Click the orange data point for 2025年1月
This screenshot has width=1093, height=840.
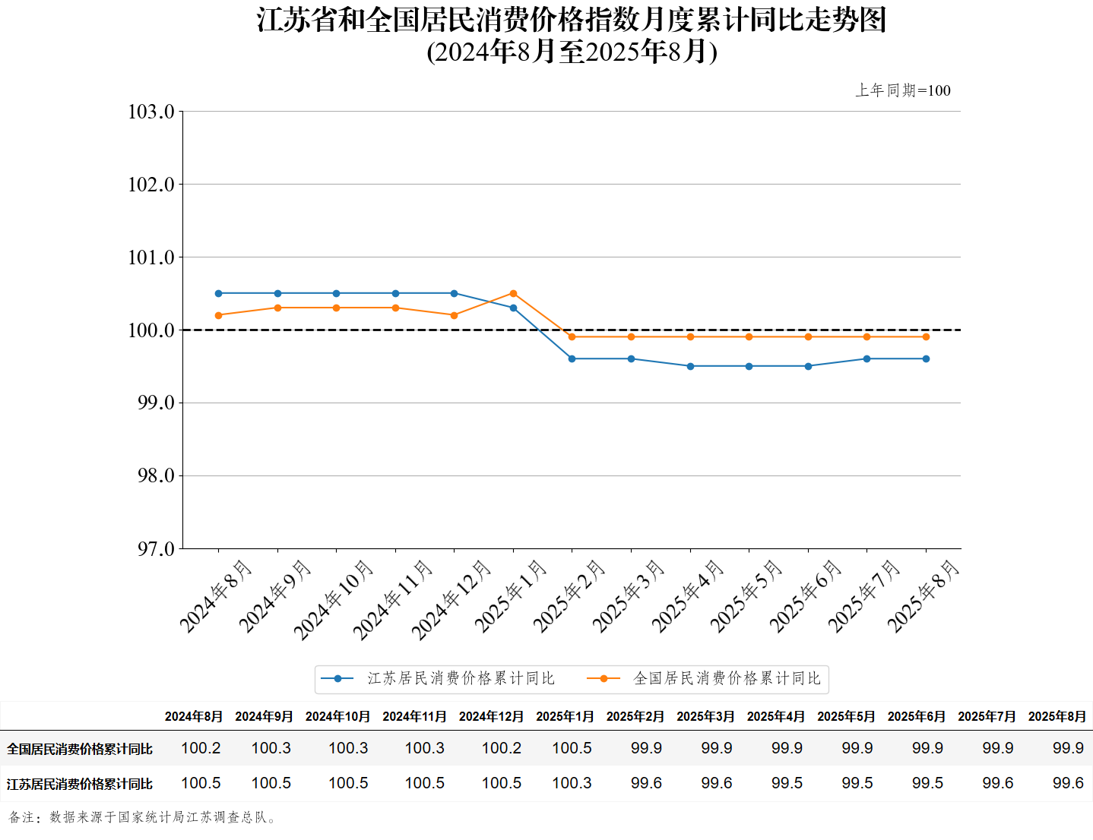(x=513, y=293)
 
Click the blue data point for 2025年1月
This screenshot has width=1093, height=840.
(x=513, y=308)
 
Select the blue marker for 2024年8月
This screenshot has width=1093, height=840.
(x=219, y=293)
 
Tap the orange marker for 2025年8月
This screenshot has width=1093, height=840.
(x=926, y=336)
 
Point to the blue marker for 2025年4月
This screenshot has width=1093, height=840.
(x=690, y=366)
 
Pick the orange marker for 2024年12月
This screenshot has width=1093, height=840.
(x=455, y=315)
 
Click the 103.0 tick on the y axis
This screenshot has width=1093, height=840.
(x=151, y=112)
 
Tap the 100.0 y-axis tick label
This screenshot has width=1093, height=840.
(x=151, y=330)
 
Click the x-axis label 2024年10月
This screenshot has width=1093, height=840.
(x=333, y=599)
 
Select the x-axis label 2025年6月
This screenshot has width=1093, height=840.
(x=805, y=595)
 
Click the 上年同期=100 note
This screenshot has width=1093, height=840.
(x=902, y=90)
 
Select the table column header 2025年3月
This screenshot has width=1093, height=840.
(x=705, y=716)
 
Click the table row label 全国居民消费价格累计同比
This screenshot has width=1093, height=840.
(x=80, y=749)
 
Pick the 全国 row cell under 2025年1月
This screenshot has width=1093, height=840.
(x=572, y=748)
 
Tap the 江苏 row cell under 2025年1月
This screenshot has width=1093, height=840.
(x=572, y=783)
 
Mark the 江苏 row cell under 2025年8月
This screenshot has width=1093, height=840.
(x=1068, y=783)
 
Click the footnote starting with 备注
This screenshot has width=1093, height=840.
(x=142, y=817)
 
